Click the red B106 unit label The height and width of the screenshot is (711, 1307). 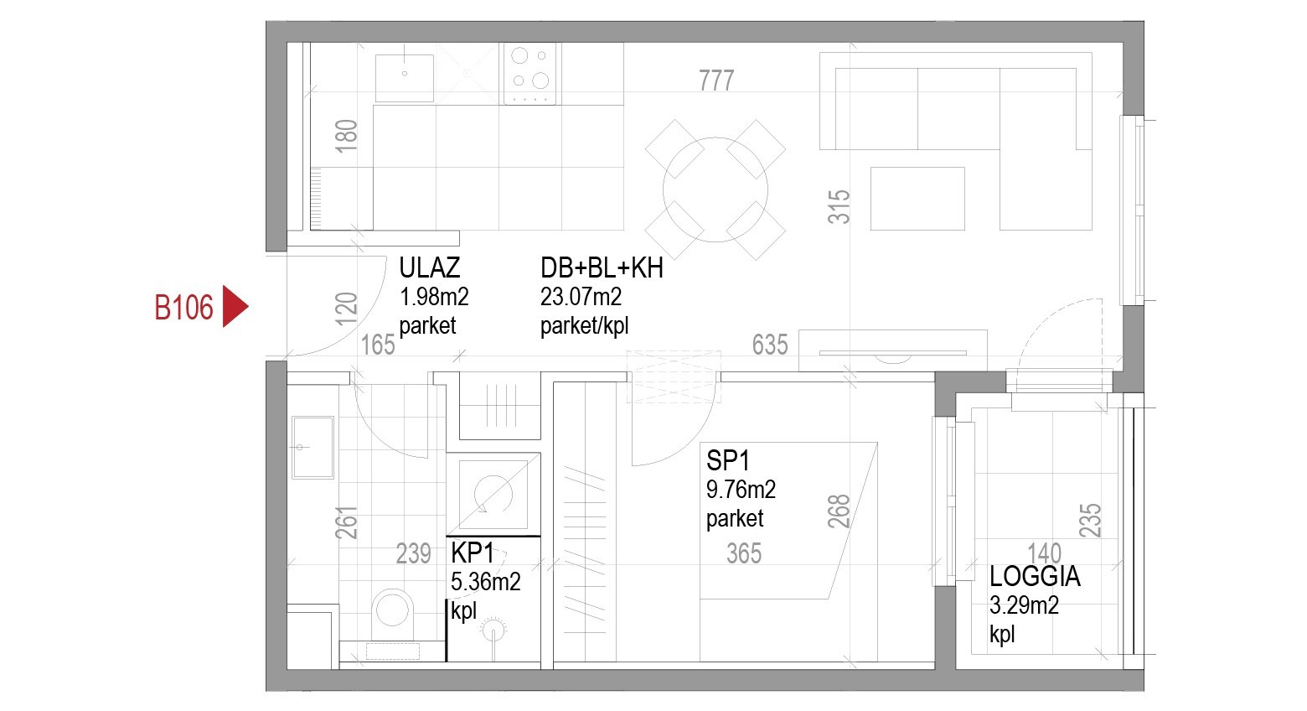pyautogui.click(x=183, y=308)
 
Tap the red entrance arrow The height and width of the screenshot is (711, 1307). pyautogui.click(x=235, y=307)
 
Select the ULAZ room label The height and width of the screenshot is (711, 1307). pyautogui.click(x=430, y=268)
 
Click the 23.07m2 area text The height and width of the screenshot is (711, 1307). pyautogui.click(x=581, y=297)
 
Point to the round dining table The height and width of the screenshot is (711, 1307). pyautogui.click(x=715, y=189)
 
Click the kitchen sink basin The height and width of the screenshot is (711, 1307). pyautogui.click(x=405, y=78)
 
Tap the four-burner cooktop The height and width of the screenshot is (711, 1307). pyautogui.click(x=530, y=74)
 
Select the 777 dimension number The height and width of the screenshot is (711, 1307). pyautogui.click(x=716, y=80)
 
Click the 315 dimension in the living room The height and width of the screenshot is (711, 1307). pyautogui.click(x=839, y=206)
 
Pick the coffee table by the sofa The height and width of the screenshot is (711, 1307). pyautogui.click(x=917, y=199)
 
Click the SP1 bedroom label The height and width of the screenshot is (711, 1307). pyautogui.click(x=727, y=460)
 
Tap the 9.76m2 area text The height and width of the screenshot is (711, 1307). pyautogui.click(x=741, y=489)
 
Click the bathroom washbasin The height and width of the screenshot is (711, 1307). pyautogui.click(x=313, y=447)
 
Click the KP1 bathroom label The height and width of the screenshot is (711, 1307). pyautogui.click(x=473, y=553)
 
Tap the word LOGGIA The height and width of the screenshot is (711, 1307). pyautogui.click(x=1035, y=577)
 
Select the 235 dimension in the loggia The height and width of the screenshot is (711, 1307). pyautogui.click(x=1090, y=520)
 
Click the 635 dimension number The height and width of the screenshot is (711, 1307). pyautogui.click(x=770, y=345)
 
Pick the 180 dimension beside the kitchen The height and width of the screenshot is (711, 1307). pyautogui.click(x=346, y=136)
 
